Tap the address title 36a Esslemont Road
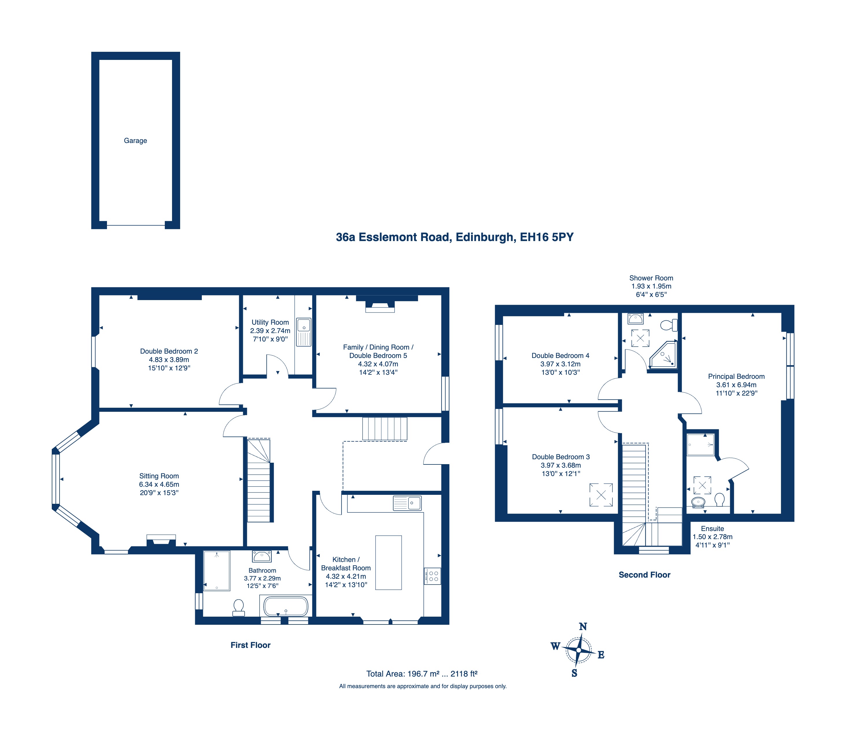coord(393,237)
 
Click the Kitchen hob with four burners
coord(433,576)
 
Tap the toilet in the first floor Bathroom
coord(239,608)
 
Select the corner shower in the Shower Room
coord(663,355)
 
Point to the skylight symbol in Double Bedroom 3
coord(601,495)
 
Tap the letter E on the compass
coord(601,655)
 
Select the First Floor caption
coord(250,645)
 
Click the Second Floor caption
coord(644,574)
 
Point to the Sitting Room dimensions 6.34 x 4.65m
coord(159,484)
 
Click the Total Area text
coord(422,674)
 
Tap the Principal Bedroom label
coord(736,376)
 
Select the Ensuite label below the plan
coord(712,529)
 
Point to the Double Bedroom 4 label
coord(560,355)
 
